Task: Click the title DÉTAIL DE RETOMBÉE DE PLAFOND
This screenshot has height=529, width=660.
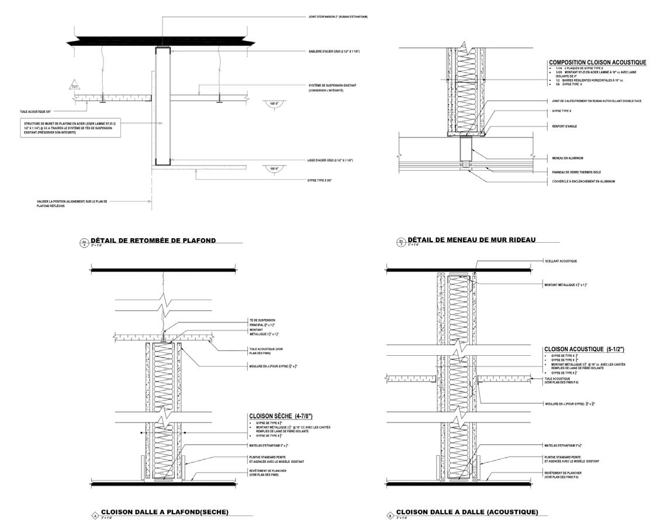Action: pos(153,240)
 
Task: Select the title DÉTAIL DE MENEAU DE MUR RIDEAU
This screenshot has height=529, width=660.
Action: pos(471,239)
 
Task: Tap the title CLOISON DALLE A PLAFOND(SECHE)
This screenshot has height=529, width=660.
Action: pos(164,512)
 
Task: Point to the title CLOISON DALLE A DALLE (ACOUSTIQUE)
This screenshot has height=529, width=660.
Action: pos(467,512)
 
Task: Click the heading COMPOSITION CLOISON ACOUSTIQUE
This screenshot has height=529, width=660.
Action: pos(597,62)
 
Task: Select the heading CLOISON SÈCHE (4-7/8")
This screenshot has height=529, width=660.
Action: pos(281,416)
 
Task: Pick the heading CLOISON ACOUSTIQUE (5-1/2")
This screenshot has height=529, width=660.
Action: pos(585,349)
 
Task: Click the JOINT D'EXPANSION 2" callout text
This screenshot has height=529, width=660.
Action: pos(338,16)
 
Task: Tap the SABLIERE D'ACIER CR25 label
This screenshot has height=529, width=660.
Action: pos(334,51)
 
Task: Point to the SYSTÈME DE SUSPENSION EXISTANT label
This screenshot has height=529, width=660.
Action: pos(332,88)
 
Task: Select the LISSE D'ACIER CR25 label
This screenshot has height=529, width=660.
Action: pos(330,160)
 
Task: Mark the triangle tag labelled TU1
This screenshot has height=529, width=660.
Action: pos(74,86)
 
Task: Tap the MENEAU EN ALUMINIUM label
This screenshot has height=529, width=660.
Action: pos(567,158)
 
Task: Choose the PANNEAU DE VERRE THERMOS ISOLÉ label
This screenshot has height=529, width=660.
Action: pos(576,172)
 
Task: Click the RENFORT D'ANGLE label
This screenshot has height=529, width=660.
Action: pos(565,125)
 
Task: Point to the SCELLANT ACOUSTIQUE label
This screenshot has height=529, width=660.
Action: pos(561,261)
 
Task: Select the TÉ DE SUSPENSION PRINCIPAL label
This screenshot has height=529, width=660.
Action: pos(262,322)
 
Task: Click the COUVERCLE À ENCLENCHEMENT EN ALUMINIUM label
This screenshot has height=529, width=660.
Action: pos(583,181)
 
